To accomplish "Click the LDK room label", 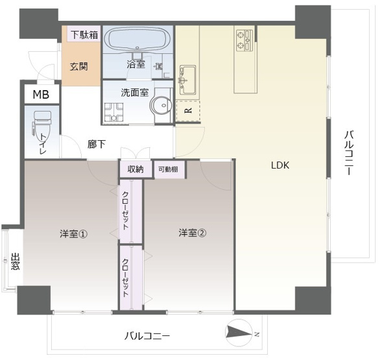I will [280, 165].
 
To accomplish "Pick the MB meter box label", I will [41, 95].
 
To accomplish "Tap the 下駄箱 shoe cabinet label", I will [84, 34].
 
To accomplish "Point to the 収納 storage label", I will [135, 169].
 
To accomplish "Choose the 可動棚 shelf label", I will [168, 169].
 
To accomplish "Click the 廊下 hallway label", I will [97, 145].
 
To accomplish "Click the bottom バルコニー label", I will [147, 336].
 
